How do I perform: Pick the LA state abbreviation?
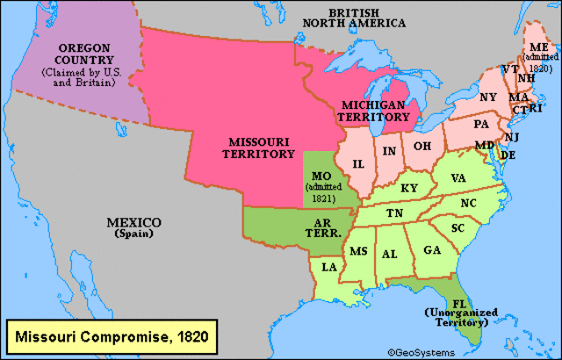point(328,267)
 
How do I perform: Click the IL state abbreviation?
point(359,164)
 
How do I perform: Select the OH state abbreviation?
point(422,146)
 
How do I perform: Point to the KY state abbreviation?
point(409,188)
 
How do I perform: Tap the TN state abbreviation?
point(395,213)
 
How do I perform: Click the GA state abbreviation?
point(431,250)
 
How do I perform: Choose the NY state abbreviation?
point(488,97)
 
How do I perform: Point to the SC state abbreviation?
point(458,227)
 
